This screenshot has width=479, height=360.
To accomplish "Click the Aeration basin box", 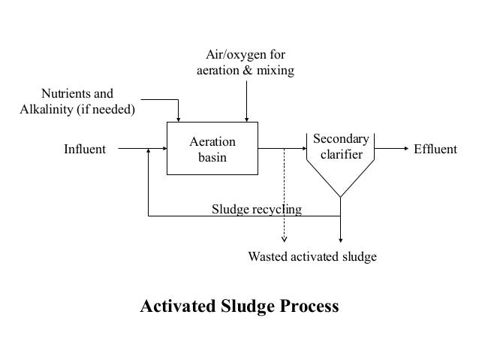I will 212,149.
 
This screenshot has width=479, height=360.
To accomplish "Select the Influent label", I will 84,149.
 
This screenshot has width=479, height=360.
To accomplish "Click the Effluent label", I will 435,149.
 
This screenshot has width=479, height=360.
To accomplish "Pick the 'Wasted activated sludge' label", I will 312,257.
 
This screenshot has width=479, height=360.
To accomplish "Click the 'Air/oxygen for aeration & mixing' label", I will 245,62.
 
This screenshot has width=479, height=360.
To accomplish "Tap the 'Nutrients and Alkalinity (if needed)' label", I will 76,102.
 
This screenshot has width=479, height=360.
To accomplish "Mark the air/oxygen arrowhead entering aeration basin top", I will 246,118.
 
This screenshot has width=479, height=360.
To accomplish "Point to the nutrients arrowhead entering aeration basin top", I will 179,118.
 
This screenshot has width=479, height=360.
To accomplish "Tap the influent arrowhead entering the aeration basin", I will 163,149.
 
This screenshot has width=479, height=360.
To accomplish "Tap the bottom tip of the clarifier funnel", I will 341,197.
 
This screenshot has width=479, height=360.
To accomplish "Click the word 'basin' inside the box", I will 212,157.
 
